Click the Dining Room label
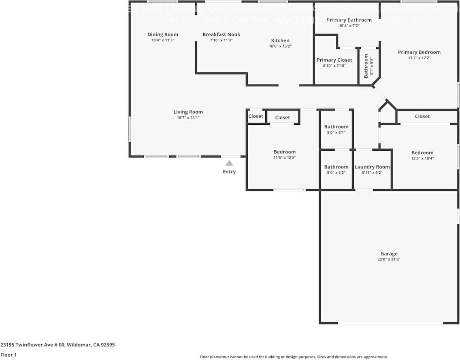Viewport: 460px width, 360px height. [x=162, y=34]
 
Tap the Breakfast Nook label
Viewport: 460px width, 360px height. [x=221, y=34]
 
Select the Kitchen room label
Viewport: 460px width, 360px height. [x=280, y=40]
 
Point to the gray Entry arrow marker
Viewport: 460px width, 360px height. [x=229, y=163]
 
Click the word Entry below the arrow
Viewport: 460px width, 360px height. [x=229, y=172]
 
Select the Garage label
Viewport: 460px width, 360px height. [x=389, y=254]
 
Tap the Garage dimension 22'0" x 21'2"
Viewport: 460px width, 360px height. [x=389, y=260]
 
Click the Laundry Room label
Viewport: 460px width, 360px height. [x=372, y=167]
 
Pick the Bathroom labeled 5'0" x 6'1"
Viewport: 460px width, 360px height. [x=336, y=127]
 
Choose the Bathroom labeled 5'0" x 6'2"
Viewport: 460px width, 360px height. [x=336, y=167]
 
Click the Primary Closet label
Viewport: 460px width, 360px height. [x=334, y=60]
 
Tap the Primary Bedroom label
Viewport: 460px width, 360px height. [x=419, y=52]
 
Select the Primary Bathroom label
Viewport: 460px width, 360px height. [x=349, y=20]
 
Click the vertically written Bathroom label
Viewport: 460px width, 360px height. [x=366, y=66]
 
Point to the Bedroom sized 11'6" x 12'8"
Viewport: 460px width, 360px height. [x=285, y=152]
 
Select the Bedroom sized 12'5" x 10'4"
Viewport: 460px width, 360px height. [x=422, y=153]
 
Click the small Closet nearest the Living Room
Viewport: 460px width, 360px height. [x=256, y=116]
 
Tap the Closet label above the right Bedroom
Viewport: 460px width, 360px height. [x=422, y=116]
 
